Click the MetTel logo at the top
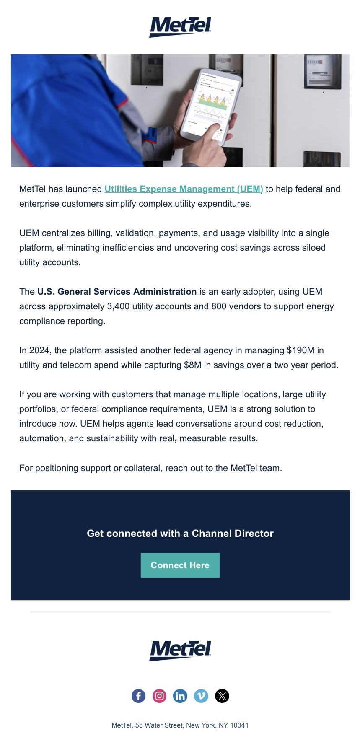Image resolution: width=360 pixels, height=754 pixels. pos(180,27)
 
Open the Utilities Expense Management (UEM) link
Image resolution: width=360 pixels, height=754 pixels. pos(184,189)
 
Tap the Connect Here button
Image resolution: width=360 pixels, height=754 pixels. pos(180,565)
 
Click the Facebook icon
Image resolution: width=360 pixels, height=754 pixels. pos(138,696)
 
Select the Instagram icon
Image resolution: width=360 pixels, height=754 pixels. pos(159,696)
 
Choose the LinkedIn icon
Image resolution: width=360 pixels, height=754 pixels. pos(180,696)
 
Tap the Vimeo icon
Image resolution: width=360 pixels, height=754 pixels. pos(201,696)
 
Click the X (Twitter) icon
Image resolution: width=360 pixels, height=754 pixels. pos(222,696)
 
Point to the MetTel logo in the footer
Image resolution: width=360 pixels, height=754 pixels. pos(180,650)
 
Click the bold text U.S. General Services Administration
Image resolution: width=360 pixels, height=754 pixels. pos(117,292)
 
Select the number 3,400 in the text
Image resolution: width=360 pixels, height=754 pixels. pos(118,306)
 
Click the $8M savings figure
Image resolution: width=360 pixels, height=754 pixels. pos(192,365)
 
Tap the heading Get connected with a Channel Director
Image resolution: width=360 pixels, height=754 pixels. pos(180,534)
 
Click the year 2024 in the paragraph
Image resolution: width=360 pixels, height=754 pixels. pos(39,350)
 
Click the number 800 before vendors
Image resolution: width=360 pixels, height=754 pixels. pos(218,306)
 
